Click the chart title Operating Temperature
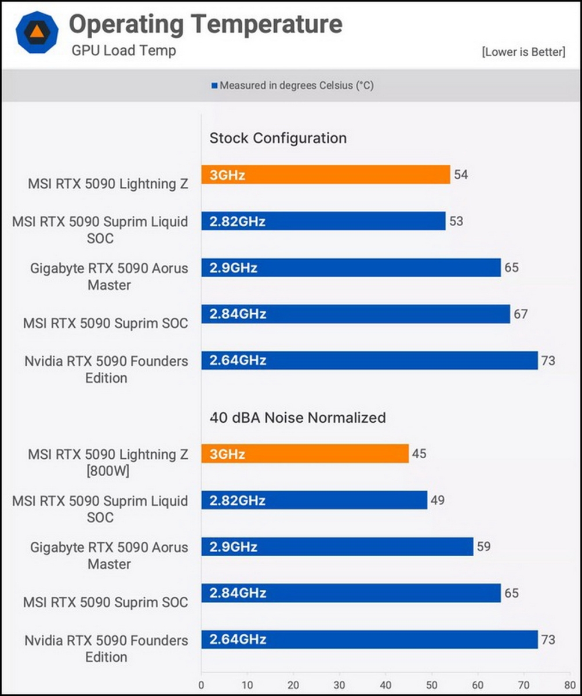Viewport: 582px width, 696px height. click(x=206, y=24)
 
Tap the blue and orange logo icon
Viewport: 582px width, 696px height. click(x=37, y=32)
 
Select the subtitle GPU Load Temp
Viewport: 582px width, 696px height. click(x=123, y=50)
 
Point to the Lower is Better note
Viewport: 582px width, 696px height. click(x=523, y=52)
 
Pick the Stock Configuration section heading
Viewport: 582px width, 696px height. click(x=278, y=138)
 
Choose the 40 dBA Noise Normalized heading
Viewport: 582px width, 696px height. click(x=297, y=417)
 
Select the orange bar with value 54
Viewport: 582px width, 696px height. click(x=325, y=175)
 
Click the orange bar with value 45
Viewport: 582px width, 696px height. click(x=305, y=454)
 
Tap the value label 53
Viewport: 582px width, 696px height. click(x=456, y=221)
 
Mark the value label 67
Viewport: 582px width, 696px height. click(x=520, y=314)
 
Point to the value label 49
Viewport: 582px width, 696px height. click(x=438, y=500)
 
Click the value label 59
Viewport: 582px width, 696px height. click(x=483, y=546)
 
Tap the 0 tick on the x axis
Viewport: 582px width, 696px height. click(x=202, y=684)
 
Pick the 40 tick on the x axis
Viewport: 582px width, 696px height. click(x=385, y=684)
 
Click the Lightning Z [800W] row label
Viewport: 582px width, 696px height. click(x=108, y=463)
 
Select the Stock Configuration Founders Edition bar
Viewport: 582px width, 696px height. click(x=369, y=360)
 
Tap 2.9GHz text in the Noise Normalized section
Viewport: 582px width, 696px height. click(x=234, y=547)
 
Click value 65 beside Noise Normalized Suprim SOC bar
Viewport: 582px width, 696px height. click(x=511, y=593)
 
